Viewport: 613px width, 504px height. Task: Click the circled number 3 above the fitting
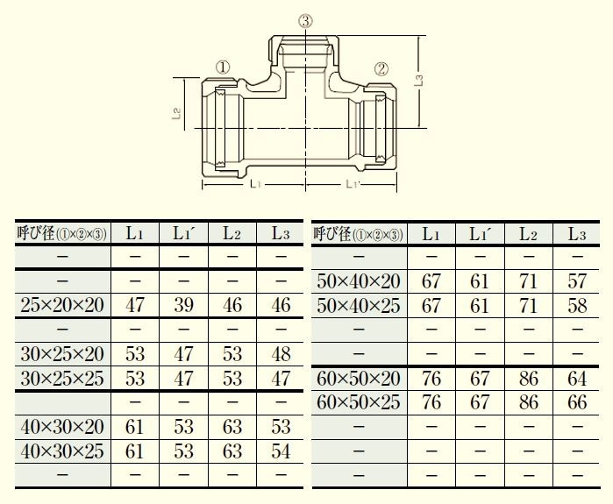[x=305, y=21]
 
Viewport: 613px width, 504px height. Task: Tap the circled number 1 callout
[x=223, y=67]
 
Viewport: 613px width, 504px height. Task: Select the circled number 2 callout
[x=381, y=68]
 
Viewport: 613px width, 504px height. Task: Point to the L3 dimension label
[x=418, y=81]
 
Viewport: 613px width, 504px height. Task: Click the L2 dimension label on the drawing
[x=176, y=113]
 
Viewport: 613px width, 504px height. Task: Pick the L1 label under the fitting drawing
[x=255, y=184]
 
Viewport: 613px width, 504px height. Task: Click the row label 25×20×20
[x=62, y=305]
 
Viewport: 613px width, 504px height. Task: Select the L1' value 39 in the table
[x=183, y=305]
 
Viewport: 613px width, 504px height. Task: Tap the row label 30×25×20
[x=62, y=354]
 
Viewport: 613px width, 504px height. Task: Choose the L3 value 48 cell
[x=281, y=354]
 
